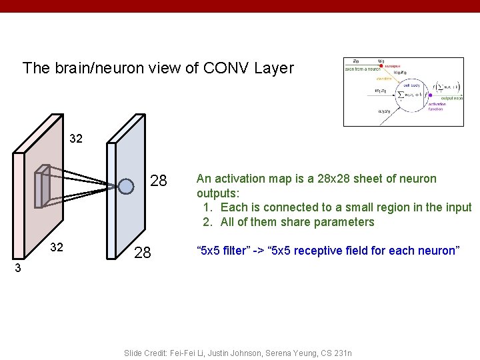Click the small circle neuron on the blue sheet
[x=126, y=186]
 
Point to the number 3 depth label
[x=19, y=269]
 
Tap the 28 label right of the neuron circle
[x=159, y=181]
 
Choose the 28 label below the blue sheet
[x=143, y=253]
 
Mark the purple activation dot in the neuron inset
[x=431, y=95]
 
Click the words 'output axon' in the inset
[x=451, y=98]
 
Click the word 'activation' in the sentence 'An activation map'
[x=238, y=179]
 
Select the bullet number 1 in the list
[x=207, y=207]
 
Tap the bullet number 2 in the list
[x=207, y=222]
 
